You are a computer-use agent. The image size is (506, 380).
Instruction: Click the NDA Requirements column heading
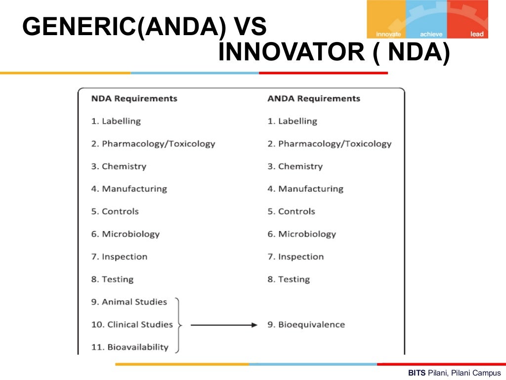point(134,98)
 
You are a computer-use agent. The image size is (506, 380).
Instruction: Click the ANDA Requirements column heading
point(314,98)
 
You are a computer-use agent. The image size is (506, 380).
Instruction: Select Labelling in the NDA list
point(116,121)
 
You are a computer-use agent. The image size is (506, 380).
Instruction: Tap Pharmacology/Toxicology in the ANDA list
point(330,144)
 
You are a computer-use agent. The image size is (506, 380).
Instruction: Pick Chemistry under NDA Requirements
point(119,166)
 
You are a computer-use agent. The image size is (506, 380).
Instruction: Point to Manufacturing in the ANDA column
point(305,189)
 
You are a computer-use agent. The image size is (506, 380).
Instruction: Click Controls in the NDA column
point(115,211)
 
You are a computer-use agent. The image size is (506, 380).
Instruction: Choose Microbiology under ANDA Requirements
point(301,234)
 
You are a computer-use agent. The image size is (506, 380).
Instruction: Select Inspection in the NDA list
point(119,257)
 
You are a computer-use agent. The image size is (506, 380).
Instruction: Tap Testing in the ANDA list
point(289,280)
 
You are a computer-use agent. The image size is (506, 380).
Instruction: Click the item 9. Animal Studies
point(129,302)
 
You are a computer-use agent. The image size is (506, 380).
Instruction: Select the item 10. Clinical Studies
point(132,325)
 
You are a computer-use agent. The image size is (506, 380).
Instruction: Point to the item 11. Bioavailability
point(129,347)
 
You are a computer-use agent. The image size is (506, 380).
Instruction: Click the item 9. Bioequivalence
point(306,325)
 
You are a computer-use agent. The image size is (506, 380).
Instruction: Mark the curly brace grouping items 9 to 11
point(178,325)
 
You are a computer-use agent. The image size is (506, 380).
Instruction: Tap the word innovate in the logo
point(388,34)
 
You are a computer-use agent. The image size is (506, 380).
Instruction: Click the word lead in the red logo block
point(477,34)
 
